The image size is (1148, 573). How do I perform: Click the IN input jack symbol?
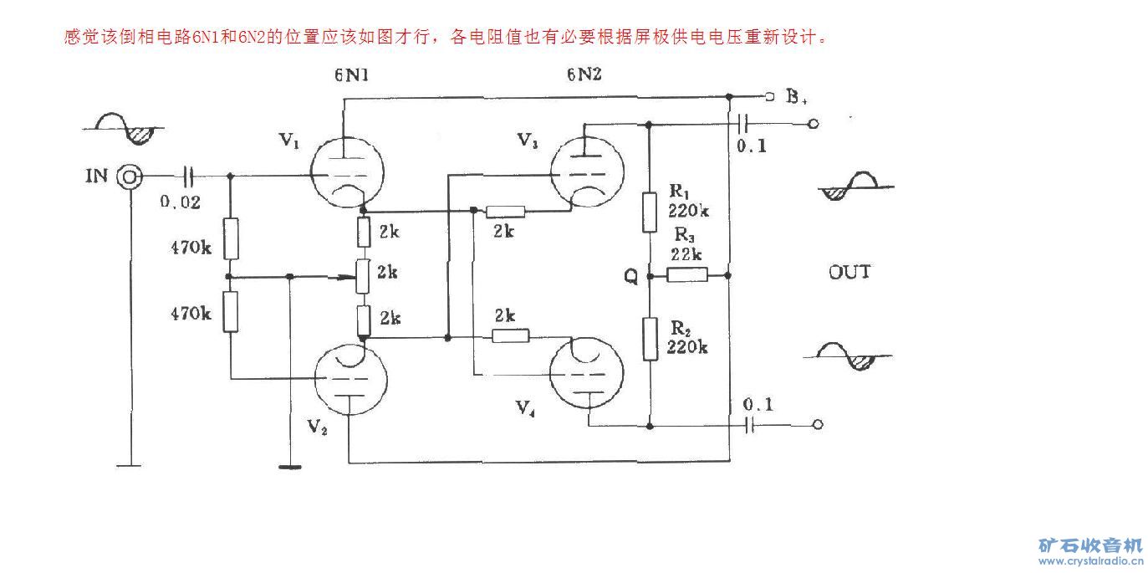pos(130,177)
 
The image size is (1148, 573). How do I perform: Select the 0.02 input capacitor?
pos(188,177)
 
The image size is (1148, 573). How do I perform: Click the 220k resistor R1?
pos(650,212)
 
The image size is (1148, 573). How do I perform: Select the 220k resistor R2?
pos(650,338)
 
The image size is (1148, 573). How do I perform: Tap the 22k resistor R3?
pos(688,274)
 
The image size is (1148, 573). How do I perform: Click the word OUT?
pos(849,272)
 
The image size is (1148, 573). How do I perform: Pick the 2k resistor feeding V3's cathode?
pos(505,212)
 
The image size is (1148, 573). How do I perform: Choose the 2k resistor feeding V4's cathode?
pos(510,335)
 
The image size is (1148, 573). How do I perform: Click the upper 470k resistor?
pos(231,238)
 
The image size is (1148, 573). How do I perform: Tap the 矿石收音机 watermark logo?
pos(1090,545)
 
